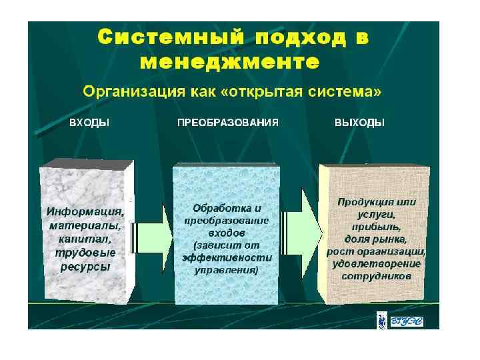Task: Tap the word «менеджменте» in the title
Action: [x=229, y=63]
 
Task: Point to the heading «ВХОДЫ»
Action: [x=89, y=123]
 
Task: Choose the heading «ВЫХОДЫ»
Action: [x=359, y=123]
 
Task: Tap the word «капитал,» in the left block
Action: [x=85, y=238]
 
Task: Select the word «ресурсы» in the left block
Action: [x=85, y=265]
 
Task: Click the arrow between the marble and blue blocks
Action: [x=154, y=228]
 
